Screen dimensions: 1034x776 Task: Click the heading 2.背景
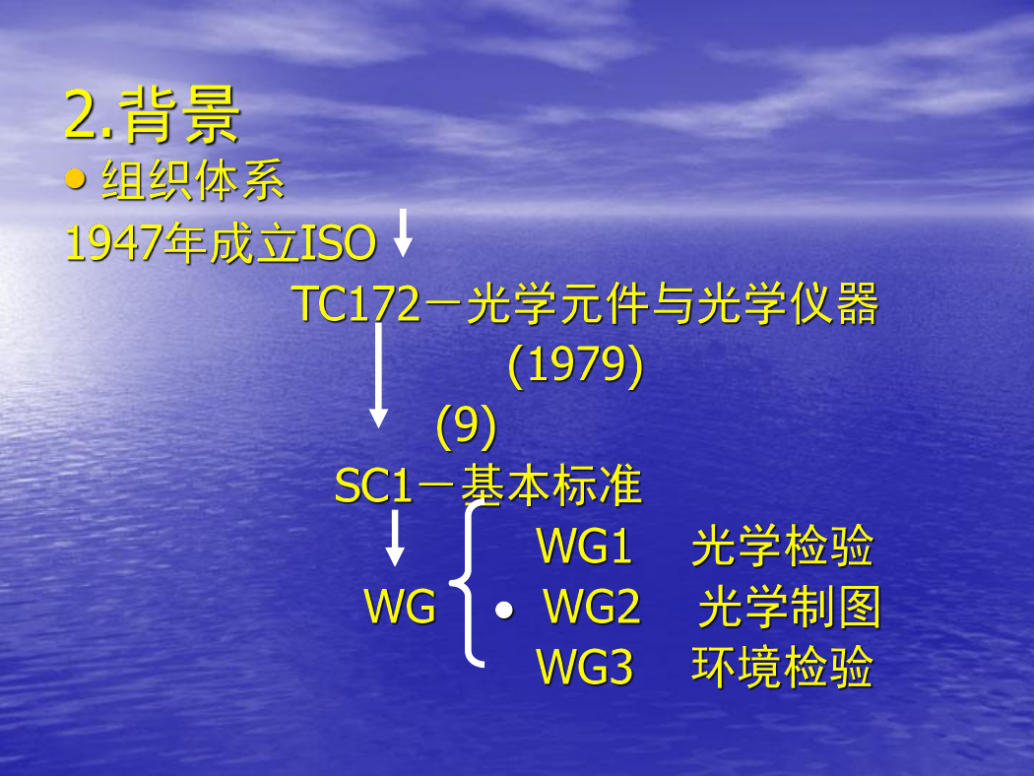pyautogui.click(x=153, y=114)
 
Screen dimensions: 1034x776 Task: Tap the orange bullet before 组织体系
pyautogui.click(x=75, y=179)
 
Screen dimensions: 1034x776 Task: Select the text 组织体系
pyautogui.click(x=193, y=180)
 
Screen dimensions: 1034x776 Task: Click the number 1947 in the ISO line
pyautogui.click(x=113, y=242)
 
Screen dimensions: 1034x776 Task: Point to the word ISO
pyautogui.click(x=339, y=242)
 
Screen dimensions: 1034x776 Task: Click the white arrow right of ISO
pyautogui.click(x=403, y=232)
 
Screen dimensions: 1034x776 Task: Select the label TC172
pyautogui.click(x=356, y=304)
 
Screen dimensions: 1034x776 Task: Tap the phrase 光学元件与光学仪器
pyautogui.click(x=673, y=304)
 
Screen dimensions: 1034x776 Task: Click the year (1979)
pyautogui.click(x=575, y=364)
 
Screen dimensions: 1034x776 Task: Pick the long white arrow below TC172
pyautogui.click(x=378, y=375)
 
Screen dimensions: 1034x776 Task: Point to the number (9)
pyautogui.click(x=466, y=425)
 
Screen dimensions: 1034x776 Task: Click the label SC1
pyautogui.click(x=373, y=486)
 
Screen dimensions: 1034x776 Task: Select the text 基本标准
pyautogui.click(x=550, y=485)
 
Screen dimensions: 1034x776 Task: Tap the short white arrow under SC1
pyautogui.click(x=395, y=538)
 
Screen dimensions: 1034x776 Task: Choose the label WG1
pyautogui.click(x=585, y=546)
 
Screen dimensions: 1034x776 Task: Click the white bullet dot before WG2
pyautogui.click(x=504, y=611)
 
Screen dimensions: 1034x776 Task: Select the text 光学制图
pyautogui.click(x=790, y=608)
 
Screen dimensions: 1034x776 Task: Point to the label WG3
pyautogui.click(x=585, y=668)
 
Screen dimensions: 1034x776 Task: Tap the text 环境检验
pyautogui.click(x=783, y=668)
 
